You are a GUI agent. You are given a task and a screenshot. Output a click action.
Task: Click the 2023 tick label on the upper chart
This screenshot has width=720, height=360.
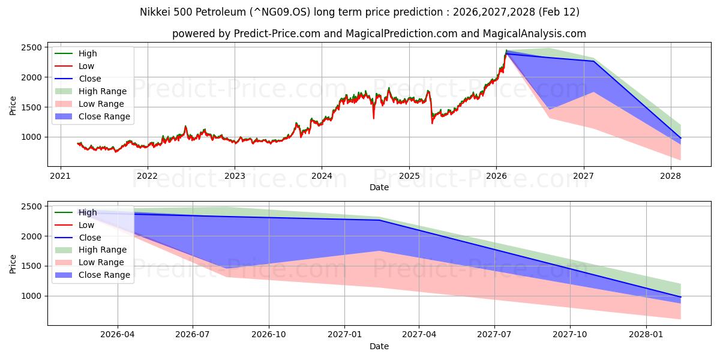pos(234,176)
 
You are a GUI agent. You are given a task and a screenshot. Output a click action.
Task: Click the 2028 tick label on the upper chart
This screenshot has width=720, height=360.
pos(670,176)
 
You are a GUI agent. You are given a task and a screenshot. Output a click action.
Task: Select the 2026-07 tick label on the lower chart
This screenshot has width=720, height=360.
pos(193,335)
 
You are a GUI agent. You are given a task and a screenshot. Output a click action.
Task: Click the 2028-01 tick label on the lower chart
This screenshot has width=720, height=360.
pos(647,335)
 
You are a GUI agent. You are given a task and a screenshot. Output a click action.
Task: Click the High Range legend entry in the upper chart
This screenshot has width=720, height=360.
pos(102,91)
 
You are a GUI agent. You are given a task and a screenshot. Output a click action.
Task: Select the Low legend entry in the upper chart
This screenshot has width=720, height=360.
pos(86,66)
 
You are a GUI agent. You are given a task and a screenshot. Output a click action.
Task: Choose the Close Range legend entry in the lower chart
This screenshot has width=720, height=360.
pos(104,275)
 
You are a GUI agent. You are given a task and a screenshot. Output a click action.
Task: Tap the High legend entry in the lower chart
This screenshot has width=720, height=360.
pos(87,212)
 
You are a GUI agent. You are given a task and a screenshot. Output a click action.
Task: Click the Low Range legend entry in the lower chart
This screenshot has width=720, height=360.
pos(101,262)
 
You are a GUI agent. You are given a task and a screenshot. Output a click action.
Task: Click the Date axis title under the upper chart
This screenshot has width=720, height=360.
pos(379,187)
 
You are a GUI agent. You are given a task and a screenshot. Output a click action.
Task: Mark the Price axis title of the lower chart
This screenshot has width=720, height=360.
pos(13,263)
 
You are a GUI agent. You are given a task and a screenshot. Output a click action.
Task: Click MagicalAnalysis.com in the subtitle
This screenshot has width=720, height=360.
pos(528,34)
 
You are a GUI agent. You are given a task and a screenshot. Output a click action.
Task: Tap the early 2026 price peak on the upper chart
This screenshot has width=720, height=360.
pos(506,51)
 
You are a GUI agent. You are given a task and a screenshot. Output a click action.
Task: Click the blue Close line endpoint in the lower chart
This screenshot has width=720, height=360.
pos(680,297)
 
